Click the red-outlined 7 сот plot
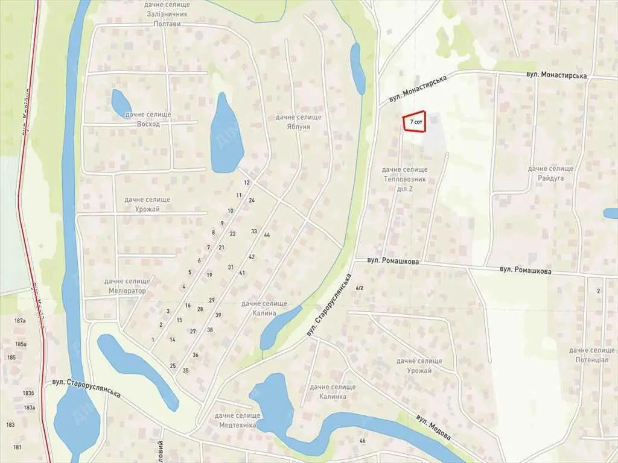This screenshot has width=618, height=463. point(415,122)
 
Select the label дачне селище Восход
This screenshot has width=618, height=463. point(148,119)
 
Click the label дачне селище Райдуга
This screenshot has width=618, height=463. point(550,174)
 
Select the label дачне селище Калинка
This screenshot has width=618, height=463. point(333,391)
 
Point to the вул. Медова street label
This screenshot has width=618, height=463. point(433,427)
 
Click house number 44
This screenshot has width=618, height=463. point(267,235)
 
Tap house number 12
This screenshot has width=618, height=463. point(246,182)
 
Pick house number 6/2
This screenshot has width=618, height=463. point(360,288)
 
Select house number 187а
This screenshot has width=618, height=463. point(21,321)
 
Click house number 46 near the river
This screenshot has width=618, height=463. point(362,441)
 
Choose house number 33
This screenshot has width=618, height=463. point(254,231)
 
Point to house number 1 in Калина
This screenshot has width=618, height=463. point(153,340)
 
